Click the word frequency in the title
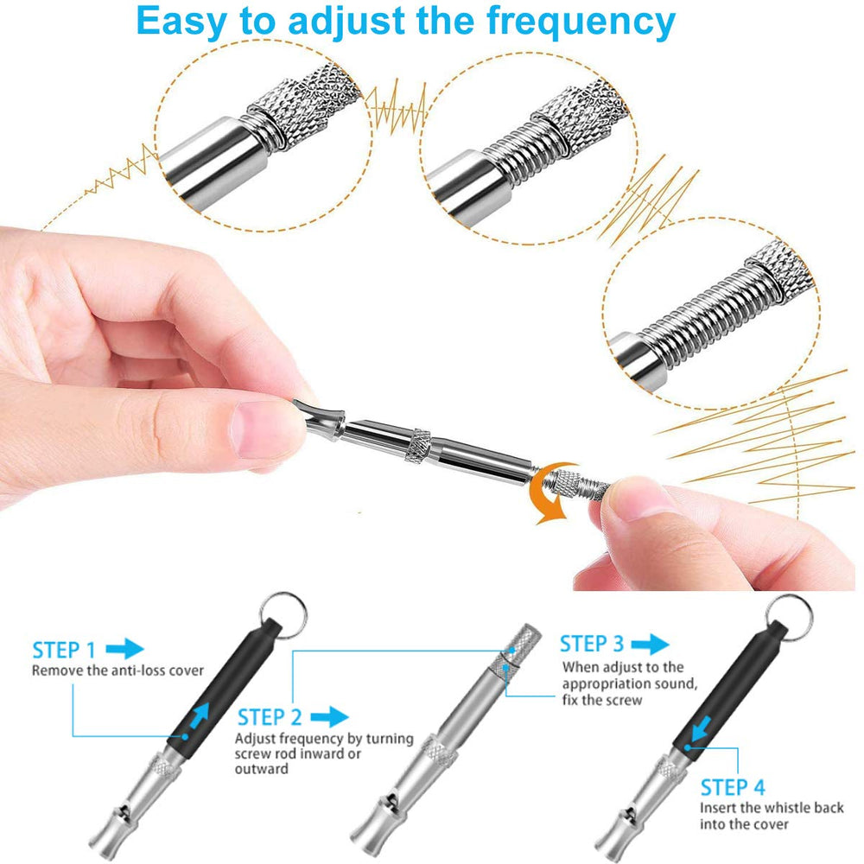click(581, 23)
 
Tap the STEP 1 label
click(64, 651)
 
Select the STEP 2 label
click(270, 717)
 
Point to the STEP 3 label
click(592, 644)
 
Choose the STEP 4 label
click(733, 787)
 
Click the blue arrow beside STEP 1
click(124, 649)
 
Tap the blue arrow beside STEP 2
click(329, 717)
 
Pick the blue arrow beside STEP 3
click(651, 644)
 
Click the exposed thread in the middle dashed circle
click(517, 156)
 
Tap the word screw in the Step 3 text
click(625, 701)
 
